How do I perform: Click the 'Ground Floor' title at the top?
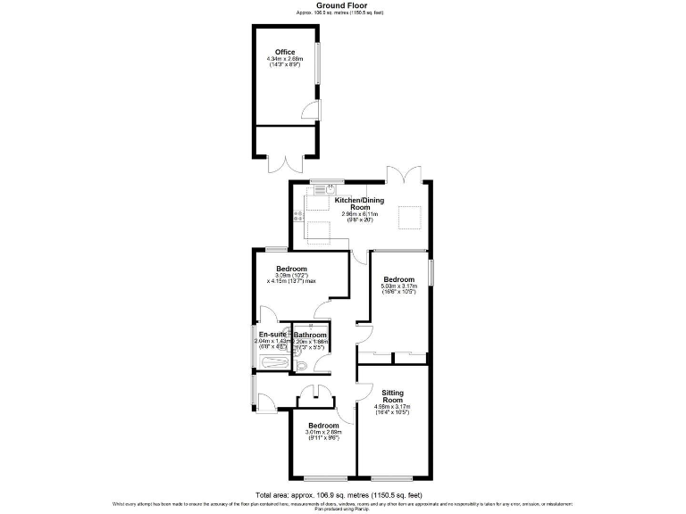(343, 5)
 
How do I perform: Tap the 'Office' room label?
(285, 53)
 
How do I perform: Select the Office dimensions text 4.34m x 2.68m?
(285, 60)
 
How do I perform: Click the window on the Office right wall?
(316, 62)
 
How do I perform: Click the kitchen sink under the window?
(329, 188)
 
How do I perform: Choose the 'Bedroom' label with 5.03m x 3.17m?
(399, 279)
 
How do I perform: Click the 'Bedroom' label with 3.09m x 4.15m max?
(292, 269)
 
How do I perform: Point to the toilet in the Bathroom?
(302, 365)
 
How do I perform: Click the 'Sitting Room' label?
(393, 397)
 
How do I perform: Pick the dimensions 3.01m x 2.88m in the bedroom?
(322, 434)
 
